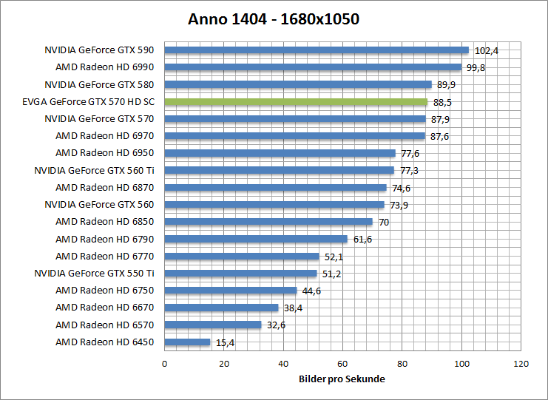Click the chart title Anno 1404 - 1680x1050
coord(274,19)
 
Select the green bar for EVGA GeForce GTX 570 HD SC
coord(296,102)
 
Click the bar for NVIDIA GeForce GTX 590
coord(317,50)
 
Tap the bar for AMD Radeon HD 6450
coord(187,342)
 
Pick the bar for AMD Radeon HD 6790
coord(256,239)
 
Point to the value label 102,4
coord(486,51)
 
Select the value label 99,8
coord(476,68)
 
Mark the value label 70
coord(383,222)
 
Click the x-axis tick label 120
coord(521,364)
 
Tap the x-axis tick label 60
coord(342,364)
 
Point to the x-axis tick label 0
coord(164,364)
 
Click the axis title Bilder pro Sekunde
coord(342,379)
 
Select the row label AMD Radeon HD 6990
coord(105,67)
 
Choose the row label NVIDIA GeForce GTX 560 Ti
coord(95,170)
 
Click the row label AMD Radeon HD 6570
coord(105,325)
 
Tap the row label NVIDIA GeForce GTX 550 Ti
coord(95,273)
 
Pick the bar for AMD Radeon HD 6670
coord(221,308)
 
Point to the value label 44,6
coord(311,291)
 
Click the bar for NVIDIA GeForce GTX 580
coord(298,84)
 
